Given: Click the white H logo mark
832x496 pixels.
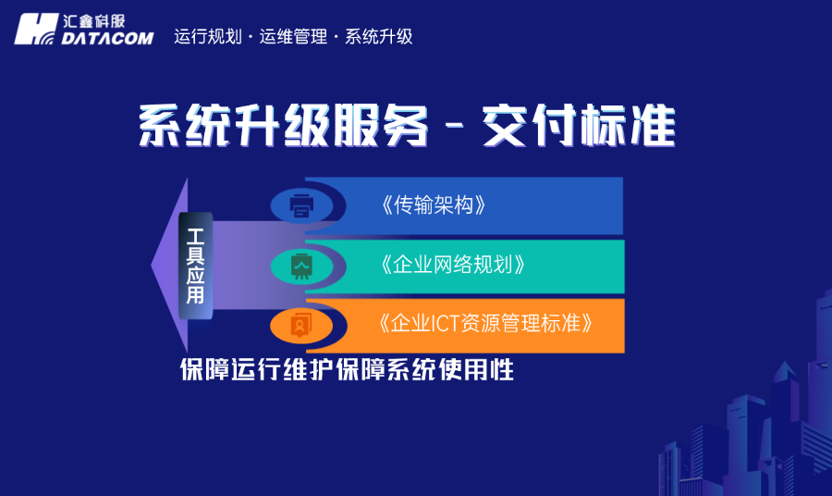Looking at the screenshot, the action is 36,30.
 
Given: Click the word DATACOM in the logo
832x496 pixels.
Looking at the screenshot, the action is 107,38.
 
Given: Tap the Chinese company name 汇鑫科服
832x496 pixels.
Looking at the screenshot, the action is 94,21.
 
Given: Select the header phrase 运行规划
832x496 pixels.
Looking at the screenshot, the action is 207,37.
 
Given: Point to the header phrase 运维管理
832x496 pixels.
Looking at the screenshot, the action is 293,37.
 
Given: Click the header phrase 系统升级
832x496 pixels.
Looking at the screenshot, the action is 378,37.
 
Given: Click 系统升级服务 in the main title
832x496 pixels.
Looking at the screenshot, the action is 283,125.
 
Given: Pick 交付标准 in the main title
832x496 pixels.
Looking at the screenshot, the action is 579,125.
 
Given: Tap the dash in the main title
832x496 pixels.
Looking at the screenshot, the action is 455,127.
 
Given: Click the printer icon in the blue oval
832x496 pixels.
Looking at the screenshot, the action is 301,206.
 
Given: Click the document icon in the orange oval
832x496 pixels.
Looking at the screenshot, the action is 300,325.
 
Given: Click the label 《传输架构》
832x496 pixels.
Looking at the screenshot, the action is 434,205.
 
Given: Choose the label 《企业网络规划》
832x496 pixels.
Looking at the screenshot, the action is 453,264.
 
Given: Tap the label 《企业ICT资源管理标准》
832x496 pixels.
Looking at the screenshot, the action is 485,323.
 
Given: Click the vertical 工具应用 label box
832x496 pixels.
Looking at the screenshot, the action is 196,266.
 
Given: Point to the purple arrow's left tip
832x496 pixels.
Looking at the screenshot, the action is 152,266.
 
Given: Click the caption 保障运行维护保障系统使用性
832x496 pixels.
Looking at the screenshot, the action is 347,369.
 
